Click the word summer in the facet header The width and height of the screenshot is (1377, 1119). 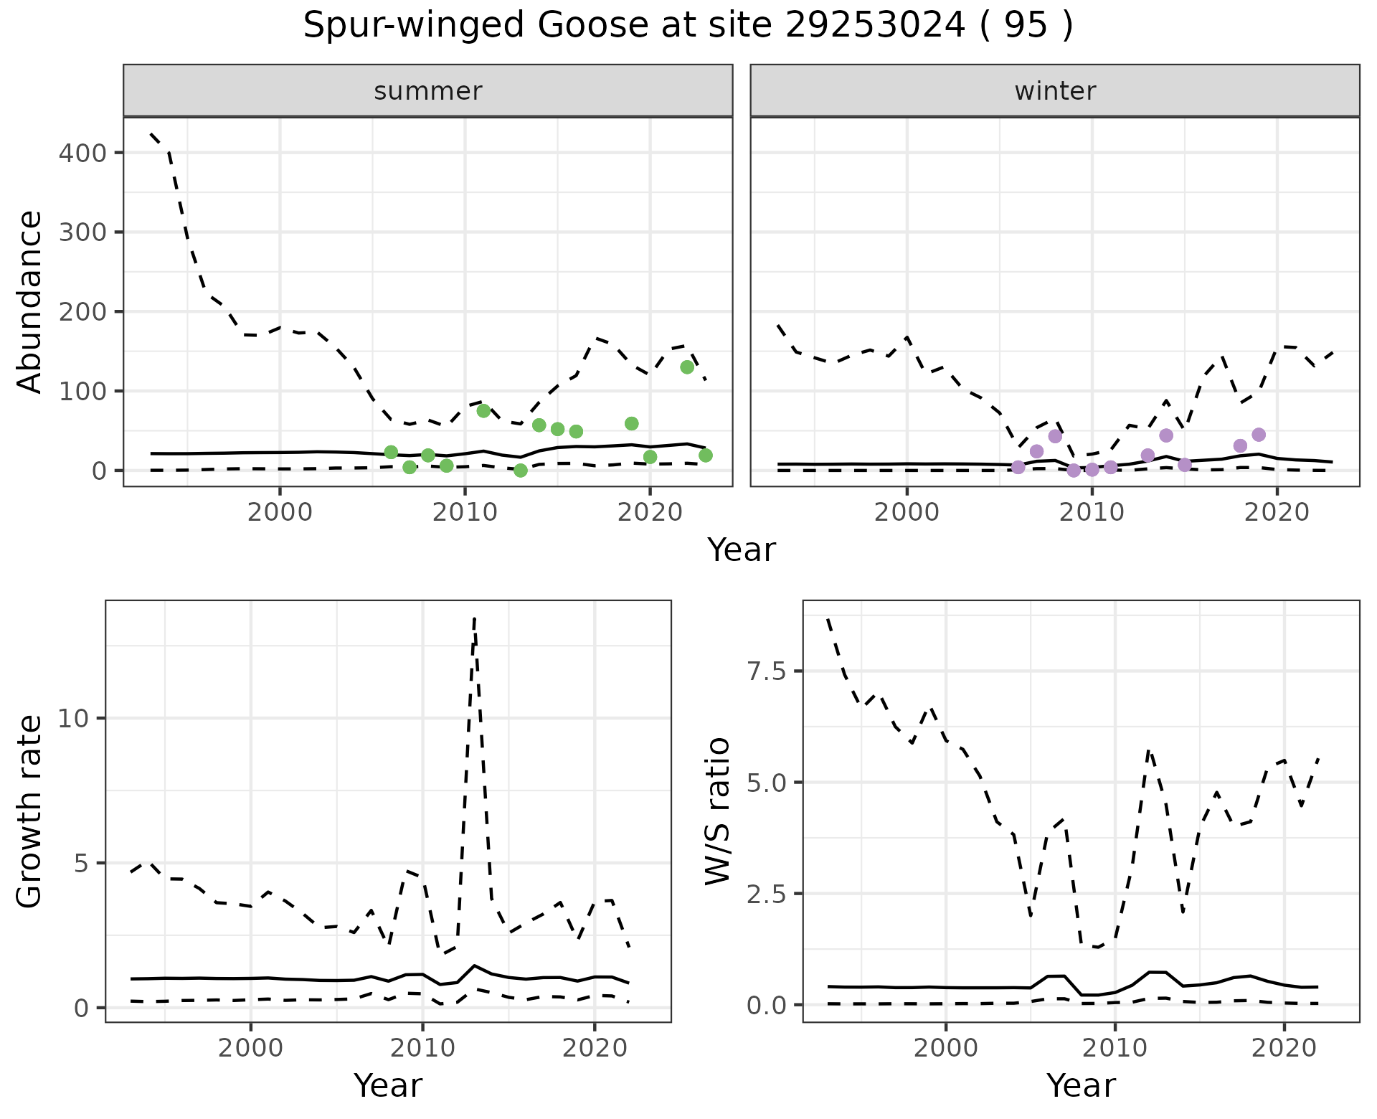click(x=428, y=91)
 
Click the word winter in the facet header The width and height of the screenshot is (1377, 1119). click(x=1055, y=91)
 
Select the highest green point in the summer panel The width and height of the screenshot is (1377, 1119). click(x=687, y=367)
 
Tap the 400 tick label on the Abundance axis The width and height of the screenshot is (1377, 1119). click(x=82, y=154)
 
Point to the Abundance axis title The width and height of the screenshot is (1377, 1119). click(x=30, y=302)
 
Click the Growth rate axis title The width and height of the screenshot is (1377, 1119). click(x=30, y=811)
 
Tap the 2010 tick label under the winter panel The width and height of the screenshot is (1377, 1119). click(x=1092, y=513)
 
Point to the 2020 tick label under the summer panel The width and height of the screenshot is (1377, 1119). click(x=649, y=513)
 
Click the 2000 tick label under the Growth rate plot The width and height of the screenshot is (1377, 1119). click(x=250, y=1048)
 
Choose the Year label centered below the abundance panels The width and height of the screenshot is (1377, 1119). click(x=742, y=550)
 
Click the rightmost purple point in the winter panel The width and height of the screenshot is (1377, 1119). click(x=1259, y=435)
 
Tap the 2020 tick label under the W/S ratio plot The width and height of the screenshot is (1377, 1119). click(x=1284, y=1048)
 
